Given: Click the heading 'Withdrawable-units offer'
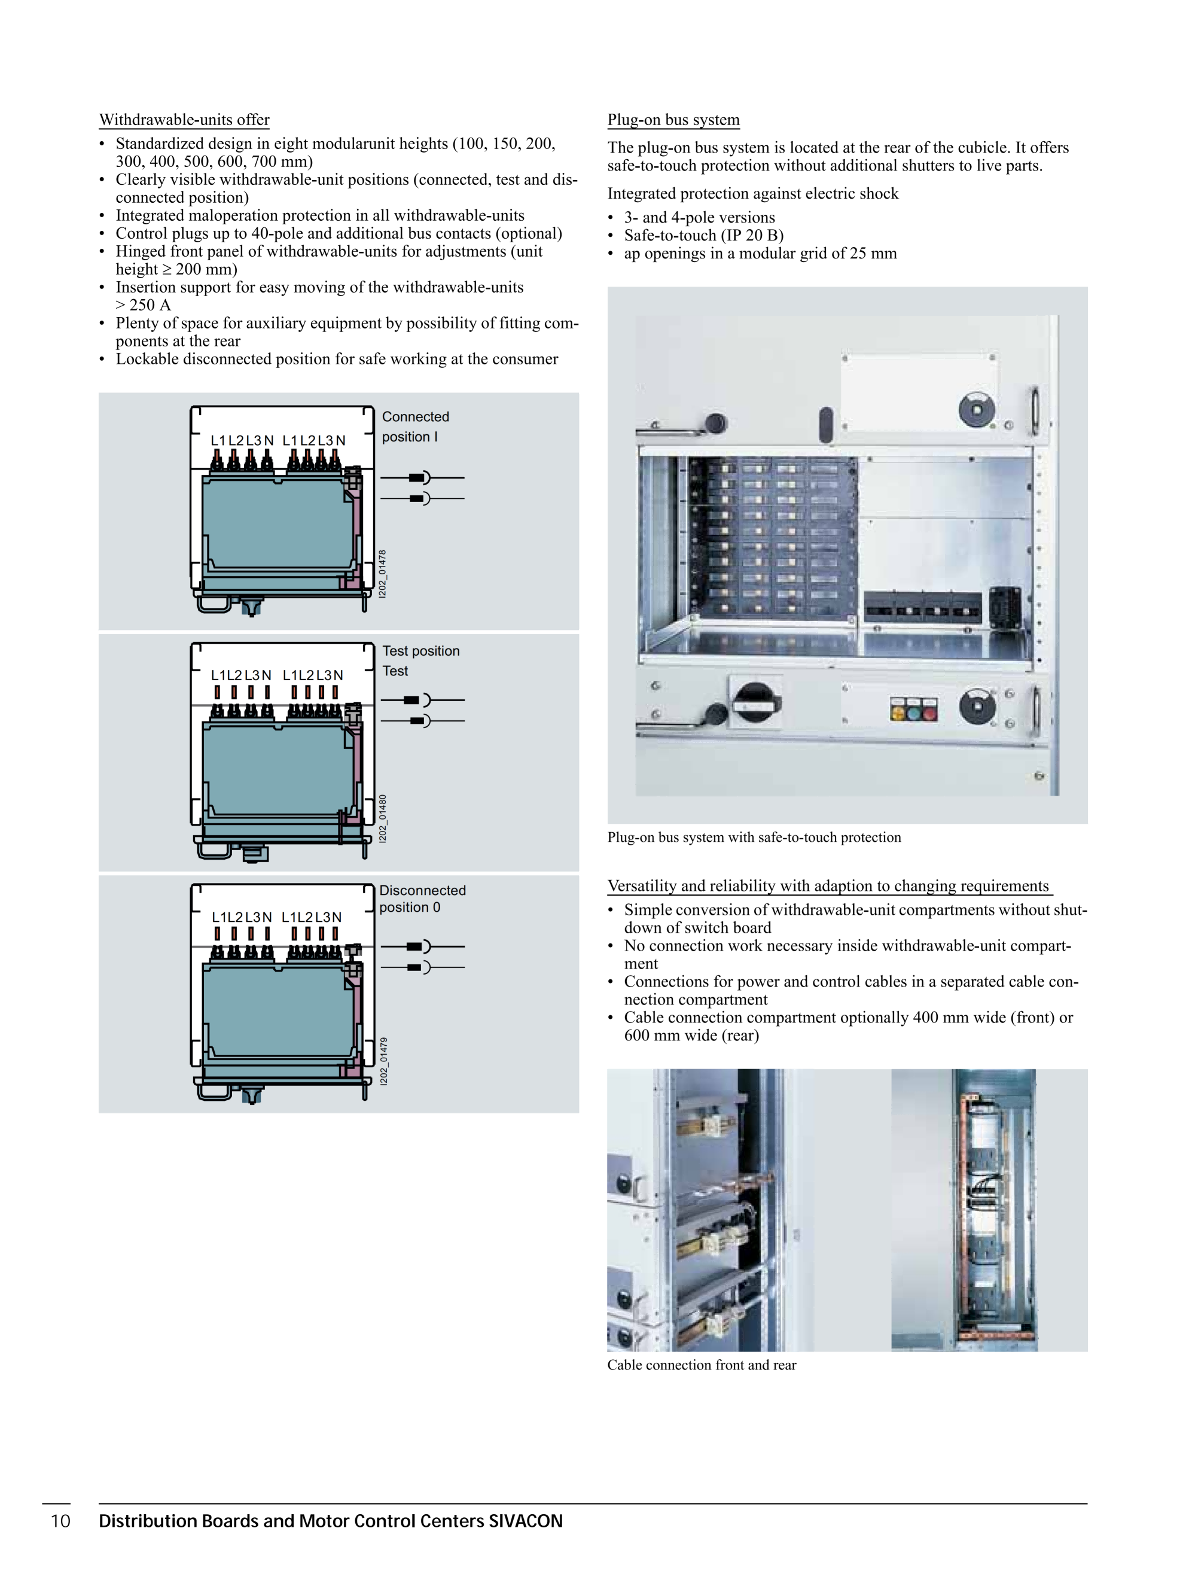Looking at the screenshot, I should tap(184, 120).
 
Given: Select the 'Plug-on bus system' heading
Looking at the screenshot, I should tap(673, 120).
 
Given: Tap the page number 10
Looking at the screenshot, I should tap(61, 1521).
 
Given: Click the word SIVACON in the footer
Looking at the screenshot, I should tap(526, 1521).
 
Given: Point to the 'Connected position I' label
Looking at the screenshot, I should tap(415, 427).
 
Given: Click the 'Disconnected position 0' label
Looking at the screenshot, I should tap(422, 898).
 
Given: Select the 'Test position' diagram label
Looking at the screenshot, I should tap(420, 650).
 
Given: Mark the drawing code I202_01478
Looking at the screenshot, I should tap(383, 574).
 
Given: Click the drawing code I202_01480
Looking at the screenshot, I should tap(383, 818).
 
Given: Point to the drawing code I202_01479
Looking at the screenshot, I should tap(383, 1061).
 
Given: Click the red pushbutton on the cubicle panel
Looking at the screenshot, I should tap(929, 711).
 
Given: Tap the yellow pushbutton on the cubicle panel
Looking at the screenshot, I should tap(897, 711).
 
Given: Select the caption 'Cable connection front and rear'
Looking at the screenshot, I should tap(701, 1365).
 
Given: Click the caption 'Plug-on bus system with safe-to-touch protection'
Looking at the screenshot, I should tap(754, 838).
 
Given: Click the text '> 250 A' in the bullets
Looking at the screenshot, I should tap(143, 305).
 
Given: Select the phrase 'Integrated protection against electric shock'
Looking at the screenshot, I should tap(752, 193).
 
